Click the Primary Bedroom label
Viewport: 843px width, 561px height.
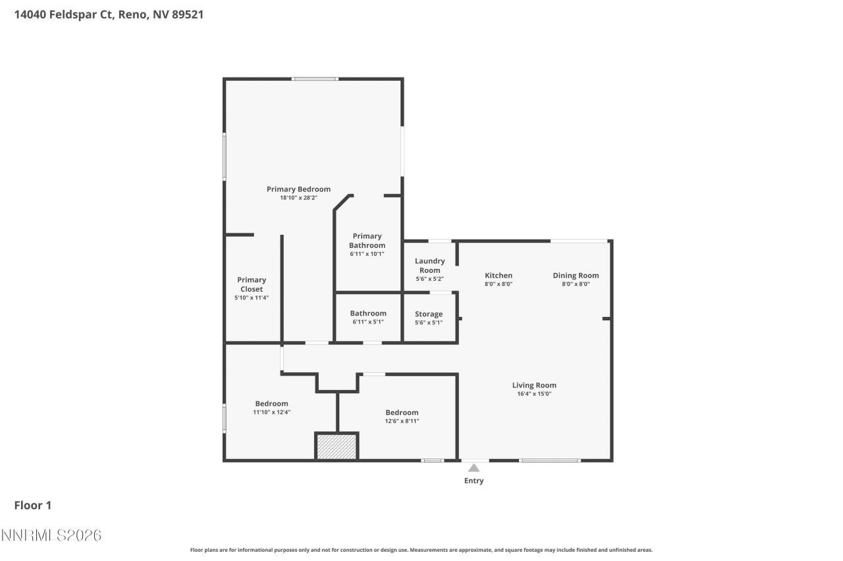[x=298, y=189]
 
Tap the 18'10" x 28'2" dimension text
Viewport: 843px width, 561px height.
[x=298, y=198]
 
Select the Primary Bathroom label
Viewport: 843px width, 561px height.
[x=367, y=241]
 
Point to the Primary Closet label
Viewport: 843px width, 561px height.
[x=252, y=284]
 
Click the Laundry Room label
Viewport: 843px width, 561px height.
[x=429, y=266]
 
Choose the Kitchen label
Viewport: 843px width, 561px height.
[x=499, y=276]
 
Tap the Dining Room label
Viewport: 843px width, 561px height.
[x=576, y=276]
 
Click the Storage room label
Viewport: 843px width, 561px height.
[x=429, y=314]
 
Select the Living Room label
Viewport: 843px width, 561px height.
[x=534, y=385]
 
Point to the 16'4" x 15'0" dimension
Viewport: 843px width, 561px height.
[x=534, y=394]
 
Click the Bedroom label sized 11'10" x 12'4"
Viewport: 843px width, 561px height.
[x=271, y=404]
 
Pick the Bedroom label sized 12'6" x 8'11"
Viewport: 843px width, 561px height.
[x=402, y=413]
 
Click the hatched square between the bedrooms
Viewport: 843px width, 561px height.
[x=337, y=446]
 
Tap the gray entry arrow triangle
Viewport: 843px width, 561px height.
[x=474, y=468]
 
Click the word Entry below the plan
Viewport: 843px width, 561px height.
[x=474, y=481]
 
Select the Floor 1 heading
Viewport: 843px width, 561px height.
[x=33, y=505]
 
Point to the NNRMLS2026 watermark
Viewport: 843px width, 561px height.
[x=51, y=535]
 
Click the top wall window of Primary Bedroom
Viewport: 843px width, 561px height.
[x=315, y=79]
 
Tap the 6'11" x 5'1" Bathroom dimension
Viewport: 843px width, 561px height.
[x=368, y=322]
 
